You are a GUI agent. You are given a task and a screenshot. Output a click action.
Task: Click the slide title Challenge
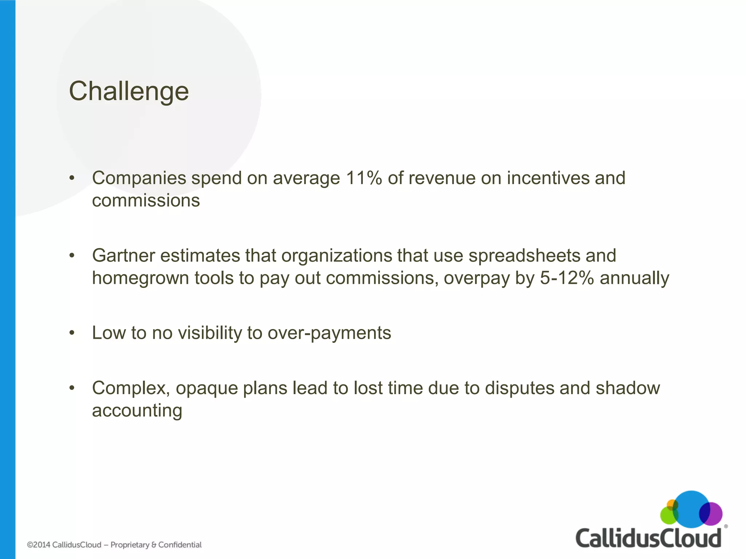(x=129, y=91)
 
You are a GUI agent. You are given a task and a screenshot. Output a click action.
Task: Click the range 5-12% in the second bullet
(x=566, y=278)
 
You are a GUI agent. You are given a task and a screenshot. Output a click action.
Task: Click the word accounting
(x=137, y=411)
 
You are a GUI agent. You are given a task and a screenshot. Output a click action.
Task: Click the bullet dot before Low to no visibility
(x=72, y=333)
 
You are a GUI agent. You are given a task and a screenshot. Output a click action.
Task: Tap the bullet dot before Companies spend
(x=72, y=178)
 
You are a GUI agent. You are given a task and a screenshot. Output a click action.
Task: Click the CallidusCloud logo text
(x=648, y=538)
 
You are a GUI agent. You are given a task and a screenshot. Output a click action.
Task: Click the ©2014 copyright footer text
(x=64, y=545)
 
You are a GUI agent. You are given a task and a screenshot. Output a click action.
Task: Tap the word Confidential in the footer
(x=180, y=545)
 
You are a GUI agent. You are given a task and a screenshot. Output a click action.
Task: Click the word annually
(x=634, y=278)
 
